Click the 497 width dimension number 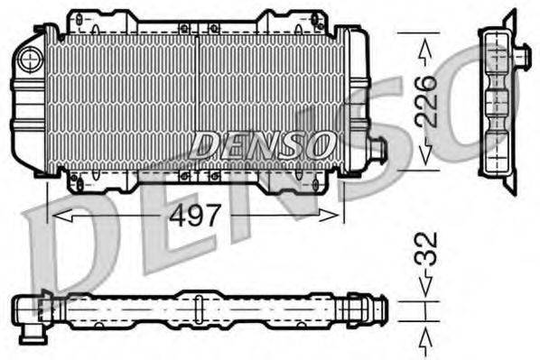197,216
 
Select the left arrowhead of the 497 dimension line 59,216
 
